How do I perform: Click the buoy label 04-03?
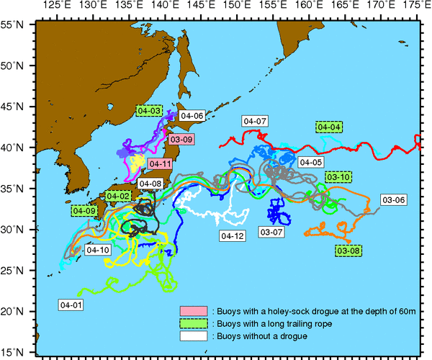(149, 111)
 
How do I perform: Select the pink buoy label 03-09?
(180, 139)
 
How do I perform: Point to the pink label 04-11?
(161, 163)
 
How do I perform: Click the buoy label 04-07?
(255, 121)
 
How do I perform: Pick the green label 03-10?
(338, 176)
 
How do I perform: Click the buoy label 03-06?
(394, 199)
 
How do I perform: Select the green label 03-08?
(349, 250)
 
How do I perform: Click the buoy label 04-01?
(71, 305)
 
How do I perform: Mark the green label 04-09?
(84, 211)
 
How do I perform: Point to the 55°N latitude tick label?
(14, 24)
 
